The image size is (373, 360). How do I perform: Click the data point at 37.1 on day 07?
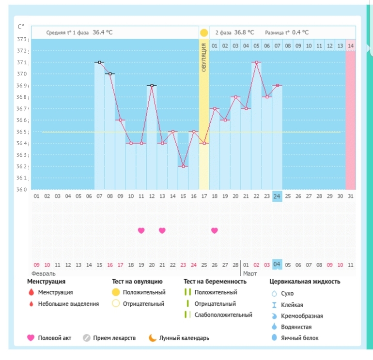click(x=99, y=62)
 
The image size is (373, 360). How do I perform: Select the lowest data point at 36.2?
click(x=183, y=166)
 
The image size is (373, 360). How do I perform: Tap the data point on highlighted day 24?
click(x=277, y=86)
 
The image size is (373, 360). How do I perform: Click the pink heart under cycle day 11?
click(x=141, y=230)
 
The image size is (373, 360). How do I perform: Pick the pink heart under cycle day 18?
click(x=215, y=230)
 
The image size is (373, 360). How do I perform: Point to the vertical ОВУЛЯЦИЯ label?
click(x=204, y=58)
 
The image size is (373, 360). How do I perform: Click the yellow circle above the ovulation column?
click(x=204, y=33)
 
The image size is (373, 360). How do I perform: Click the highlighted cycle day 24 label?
click(x=277, y=195)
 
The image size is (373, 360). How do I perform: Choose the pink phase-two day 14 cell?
click(x=351, y=45)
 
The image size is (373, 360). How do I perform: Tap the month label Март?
click(x=250, y=273)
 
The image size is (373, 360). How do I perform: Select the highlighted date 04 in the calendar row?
click(x=277, y=265)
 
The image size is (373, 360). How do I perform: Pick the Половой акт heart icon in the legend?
click(x=31, y=338)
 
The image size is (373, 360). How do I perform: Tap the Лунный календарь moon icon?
click(x=153, y=338)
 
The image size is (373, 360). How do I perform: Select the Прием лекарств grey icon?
click(x=87, y=338)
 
